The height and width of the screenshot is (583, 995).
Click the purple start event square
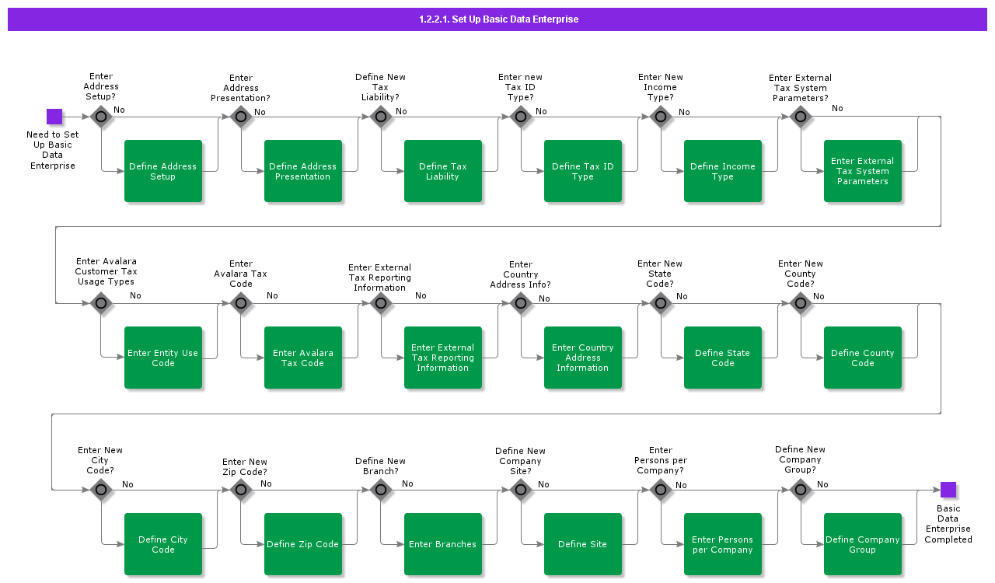pyautogui.click(x=54, y=117)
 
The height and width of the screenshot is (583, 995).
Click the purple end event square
pyautogui.click(x=948, y=490)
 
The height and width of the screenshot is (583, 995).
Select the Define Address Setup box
pyautogui.click(x=163, y=171)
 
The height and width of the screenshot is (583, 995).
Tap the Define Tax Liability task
pyautogui.click(x=443, y=171)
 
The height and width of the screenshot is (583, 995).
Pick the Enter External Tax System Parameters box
pyautogui.click(x=863, y=171)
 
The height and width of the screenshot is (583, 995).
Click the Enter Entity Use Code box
pyautogui.click(x=163, y=358)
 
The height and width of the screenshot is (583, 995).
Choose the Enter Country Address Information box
pyautogui.click(x=583, y=358)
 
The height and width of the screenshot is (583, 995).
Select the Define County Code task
pyautogui.click(x=863, y=358)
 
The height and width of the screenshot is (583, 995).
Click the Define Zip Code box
pyautogui.click(x=303, y=544)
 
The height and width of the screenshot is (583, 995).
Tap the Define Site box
pyautogui.click(x=583, y=544)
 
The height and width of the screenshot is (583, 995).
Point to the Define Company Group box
pyautogui.click(x=863, y=544)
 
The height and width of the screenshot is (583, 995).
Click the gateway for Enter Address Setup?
pyautogui.click(x=101, y=117)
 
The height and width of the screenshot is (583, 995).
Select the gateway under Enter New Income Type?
pyautogui.click(x=661, y=117)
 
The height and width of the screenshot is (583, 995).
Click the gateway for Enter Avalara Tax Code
pyautogui.click(x=241, y=303)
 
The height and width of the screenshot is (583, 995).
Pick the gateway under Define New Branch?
pyautogui.click(x=381, y=490)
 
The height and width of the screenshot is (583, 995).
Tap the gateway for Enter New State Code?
pyautogui.click(x=661, y=303)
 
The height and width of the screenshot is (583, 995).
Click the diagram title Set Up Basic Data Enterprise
pyautogui.click(x=498, y=19)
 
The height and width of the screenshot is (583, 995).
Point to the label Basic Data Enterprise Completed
pyautogui.click(x=948, y=524)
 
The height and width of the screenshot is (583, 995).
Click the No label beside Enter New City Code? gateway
pyautogui.click(x=127, y=484)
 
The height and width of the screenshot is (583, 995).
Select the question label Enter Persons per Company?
pyautogui.click(x=661, y=460)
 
